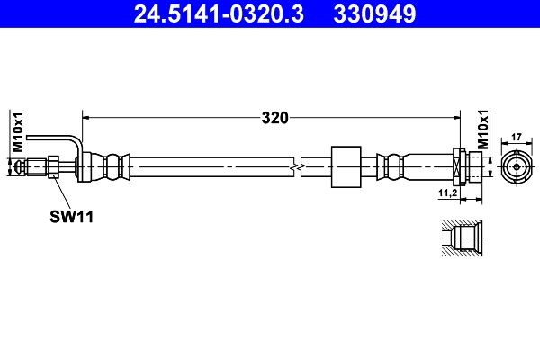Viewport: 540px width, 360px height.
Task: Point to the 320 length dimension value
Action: [274, 116]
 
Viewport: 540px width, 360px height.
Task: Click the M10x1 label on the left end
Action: [15, 133]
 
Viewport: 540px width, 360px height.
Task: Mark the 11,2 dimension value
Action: [447, 193]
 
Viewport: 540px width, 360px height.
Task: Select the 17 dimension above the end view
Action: [517, 137]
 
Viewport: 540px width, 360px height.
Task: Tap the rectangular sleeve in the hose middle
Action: [345, 166]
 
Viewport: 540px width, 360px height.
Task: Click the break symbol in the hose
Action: [298, 166]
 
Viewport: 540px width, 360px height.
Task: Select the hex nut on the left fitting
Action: [54, 166]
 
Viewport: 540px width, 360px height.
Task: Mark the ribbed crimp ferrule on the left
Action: [114, 166]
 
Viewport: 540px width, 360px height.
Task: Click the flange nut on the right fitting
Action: [459, 166]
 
